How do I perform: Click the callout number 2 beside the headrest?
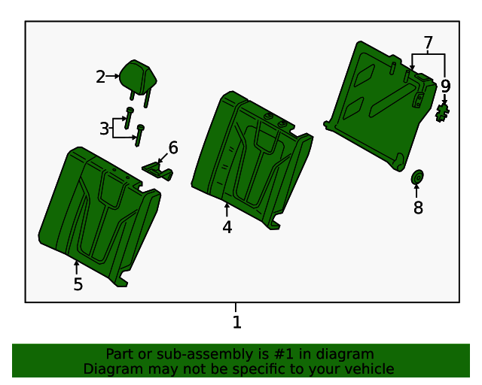(x=100, y=77)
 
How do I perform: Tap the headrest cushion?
(x=138, y=77)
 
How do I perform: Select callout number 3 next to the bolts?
(x=104, y=129)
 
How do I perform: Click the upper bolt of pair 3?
(x=129, y=118)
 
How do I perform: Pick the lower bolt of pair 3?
(x=139, y=135)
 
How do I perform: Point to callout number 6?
(x=173, y=147)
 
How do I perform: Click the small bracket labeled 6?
(x=157, y=171)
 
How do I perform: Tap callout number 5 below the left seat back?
(x=78, y=284)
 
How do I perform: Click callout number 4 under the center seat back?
(x=227, y=228)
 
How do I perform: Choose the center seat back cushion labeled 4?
(x=252, y=159)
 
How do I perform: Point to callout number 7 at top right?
(x=429, y=43)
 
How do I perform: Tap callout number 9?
(x=445, y=86)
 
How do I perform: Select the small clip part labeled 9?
(x=442, y=113)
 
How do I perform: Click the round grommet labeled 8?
(x=417, y=177)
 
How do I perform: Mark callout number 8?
(x=418, y=208)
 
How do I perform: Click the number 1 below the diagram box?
(x=236, y=323)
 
